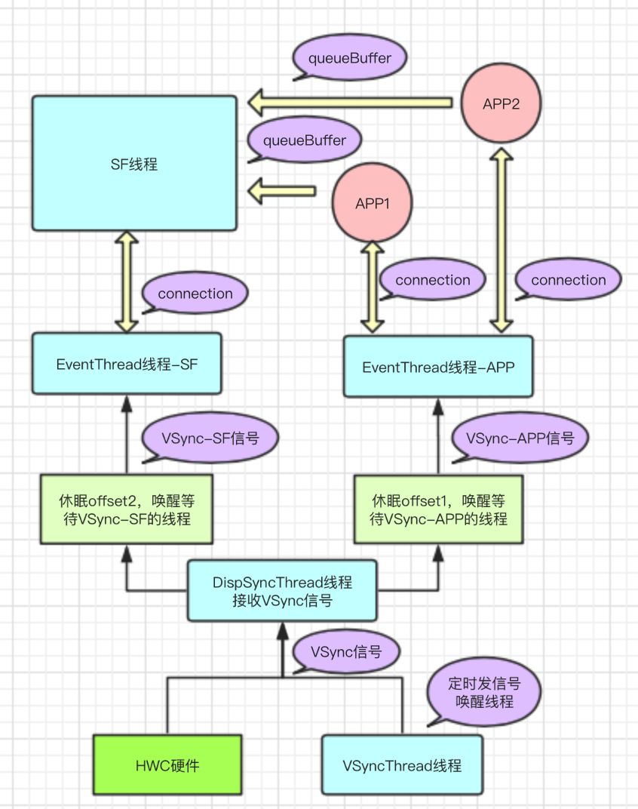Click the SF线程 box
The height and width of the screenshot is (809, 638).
click(x=134, y=163)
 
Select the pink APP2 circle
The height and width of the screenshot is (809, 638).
click(x=501, y=103)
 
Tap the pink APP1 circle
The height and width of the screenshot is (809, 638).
click(x=373, y=204)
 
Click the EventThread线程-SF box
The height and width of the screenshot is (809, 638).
click(x=127, y=364)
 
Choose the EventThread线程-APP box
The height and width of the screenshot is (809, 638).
click(x=438, y=368)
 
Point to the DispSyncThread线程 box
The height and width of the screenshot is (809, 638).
click(x=282, y=591)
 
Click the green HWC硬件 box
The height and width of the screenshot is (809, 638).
click(x=167, y=764)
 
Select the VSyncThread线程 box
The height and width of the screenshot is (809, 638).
click(x=402, y=765)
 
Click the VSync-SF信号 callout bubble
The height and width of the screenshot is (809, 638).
click(x=210, y=438)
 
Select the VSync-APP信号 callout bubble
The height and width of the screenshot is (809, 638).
click(x=520, y=438)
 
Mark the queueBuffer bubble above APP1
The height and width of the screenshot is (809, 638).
click(x=304, y=141)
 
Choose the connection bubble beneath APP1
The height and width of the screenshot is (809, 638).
click(x=432, y=281)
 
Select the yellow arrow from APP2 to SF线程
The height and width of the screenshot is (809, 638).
click(x=351, y=102)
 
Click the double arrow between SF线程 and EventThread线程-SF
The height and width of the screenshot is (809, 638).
click(x=127, y=281)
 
